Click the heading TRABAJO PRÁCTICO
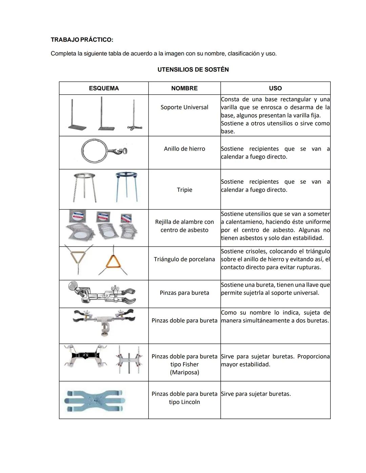coord(82,40)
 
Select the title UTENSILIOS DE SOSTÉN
coord(193,69)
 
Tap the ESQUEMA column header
coord(104,88)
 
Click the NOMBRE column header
coord(184,88)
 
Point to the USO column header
coord(275,88)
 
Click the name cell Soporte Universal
coord(184,107)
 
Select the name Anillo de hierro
coord(184,149)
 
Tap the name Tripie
coord(184,190)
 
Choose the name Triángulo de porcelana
coord(184,259)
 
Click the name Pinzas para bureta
coord(184,293)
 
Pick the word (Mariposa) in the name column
coord(184,372)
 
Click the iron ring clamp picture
coord(104,151)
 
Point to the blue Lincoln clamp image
coord(95,401)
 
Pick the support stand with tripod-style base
coord(135,115)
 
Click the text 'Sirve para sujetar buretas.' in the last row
coord(256,394)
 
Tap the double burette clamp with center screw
coord(104,321)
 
